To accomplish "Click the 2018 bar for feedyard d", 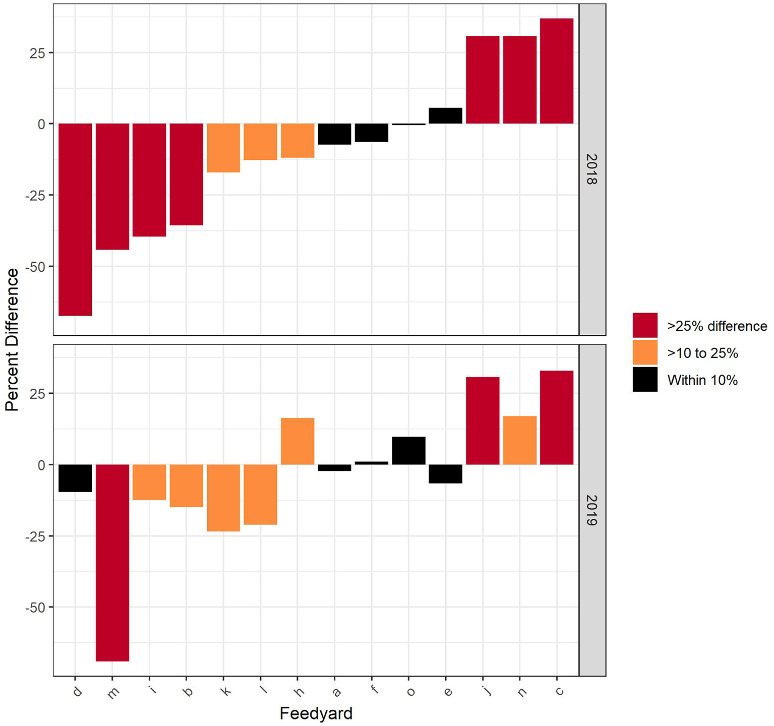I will coord(75,219).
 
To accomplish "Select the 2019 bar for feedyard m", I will coord(112,562).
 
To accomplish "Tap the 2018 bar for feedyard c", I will coord(557,71).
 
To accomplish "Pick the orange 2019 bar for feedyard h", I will coord(297,441).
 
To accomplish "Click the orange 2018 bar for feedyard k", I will coord(223,148).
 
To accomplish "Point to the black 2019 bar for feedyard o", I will coord(409,451).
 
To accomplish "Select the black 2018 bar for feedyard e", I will coord(446,116).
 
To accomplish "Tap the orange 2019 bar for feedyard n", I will coord(520,440).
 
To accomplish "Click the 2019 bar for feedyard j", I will coord(483,420).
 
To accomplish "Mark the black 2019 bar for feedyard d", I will coord(75,478).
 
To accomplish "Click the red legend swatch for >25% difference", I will coord(645,325).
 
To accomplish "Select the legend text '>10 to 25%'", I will coord(702,353).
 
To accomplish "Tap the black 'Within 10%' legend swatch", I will coord(645,379).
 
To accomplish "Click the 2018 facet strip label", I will coord(592,169).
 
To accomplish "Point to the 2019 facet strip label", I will coord(592,510).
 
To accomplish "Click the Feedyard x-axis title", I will coord(316,713).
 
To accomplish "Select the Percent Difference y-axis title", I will coord(12,339).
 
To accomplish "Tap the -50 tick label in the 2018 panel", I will coord(35,267).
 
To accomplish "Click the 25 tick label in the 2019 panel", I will coord(38,393).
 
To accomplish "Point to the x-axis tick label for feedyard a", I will coord(336,692).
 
